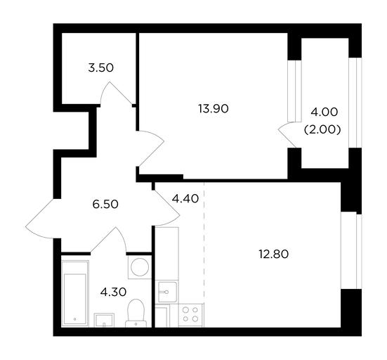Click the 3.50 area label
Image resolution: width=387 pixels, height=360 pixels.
[101, 67]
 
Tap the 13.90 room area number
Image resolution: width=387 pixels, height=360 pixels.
[214, 109]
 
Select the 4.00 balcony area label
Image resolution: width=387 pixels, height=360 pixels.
[324, 112]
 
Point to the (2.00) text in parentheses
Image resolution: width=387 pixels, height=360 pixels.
[322, 129]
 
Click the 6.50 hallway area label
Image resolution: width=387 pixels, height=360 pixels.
[105, 205]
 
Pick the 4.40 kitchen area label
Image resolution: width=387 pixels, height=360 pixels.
[185, 199]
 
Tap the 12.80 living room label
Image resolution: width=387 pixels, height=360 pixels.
[274, 255]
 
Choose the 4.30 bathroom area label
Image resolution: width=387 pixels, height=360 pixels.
[113, 292]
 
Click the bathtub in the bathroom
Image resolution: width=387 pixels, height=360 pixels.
[75, 293]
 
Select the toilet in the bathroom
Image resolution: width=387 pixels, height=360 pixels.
[136, 313]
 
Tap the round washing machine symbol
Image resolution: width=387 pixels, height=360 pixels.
[140, 267]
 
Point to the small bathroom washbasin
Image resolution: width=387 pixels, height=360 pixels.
[104, 320]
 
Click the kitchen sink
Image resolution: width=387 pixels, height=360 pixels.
[167, 292]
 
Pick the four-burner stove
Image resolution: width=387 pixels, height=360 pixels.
[190, 314]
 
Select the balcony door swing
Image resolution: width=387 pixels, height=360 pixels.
[287, 135]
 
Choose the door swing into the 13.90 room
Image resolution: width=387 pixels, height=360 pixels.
[151, 148]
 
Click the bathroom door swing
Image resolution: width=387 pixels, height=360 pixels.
[109, 240]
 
